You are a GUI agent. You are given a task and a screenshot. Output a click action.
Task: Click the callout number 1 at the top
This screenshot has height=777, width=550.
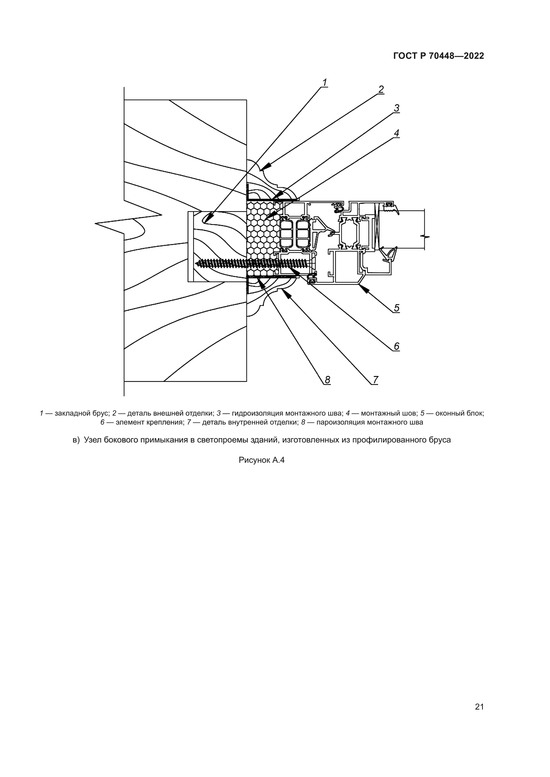coord(325,82)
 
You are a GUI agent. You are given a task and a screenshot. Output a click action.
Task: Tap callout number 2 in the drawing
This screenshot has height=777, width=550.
coord(381,89)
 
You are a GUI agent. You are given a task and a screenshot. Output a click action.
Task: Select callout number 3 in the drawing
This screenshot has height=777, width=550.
coord(397,108)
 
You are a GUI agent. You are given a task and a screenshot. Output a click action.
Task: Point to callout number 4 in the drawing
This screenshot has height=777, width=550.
coord(397,133)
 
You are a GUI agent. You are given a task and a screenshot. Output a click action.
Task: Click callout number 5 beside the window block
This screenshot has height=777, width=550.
coord(397,308)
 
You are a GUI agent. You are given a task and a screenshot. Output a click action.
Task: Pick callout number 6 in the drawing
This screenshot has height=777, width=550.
coord(397,346)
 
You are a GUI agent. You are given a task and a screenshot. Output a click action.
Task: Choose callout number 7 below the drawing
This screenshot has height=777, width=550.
coord(375,380)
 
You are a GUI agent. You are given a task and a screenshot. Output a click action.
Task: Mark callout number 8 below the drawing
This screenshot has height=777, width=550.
coord(328,380)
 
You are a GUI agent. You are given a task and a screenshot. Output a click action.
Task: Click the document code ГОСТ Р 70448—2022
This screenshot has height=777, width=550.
coord(439,56)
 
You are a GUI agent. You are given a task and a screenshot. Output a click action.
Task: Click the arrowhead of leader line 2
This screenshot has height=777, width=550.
coord(266,166)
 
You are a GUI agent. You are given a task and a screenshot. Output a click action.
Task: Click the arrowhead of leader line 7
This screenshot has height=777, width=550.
coord(287,294)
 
